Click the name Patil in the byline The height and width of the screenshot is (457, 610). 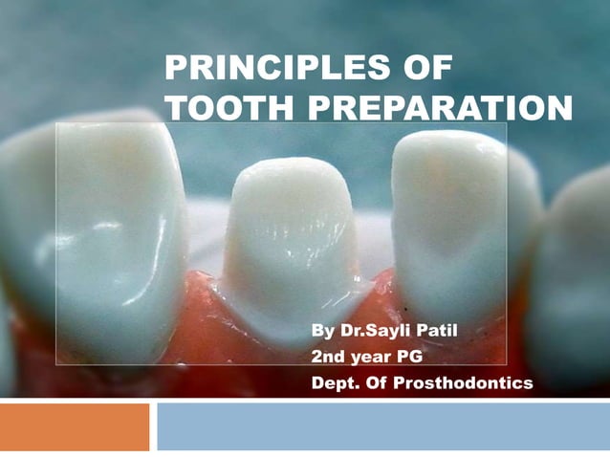coord(435,333)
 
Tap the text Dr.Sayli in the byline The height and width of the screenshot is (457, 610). coord(373,333)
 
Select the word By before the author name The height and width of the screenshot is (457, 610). coord(323,333)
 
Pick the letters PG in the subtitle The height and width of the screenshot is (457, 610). coord(411,359)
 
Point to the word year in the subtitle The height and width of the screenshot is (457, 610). coord(372,359)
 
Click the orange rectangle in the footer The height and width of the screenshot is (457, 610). coord(75,426)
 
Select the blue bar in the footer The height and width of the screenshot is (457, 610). coord(382,426)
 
